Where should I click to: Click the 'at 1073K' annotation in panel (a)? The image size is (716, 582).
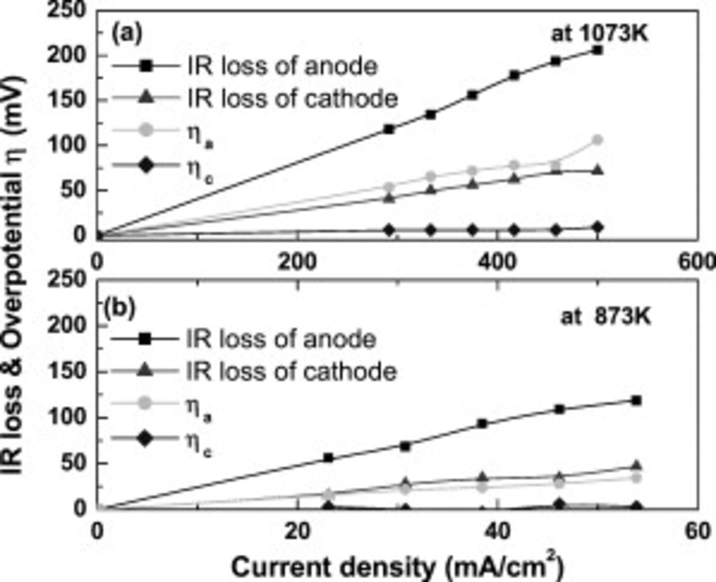(x=599, y=34)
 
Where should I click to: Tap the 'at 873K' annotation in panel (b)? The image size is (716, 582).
(x=605, y=317)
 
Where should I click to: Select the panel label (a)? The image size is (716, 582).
(x=126, y=33)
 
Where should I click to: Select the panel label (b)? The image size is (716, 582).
(x=119, y=308)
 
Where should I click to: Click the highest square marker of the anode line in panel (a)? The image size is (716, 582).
(x=597, y=51)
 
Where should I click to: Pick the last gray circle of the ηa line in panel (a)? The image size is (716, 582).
(x=597, y=140)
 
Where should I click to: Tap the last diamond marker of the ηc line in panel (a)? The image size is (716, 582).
(x=597, y=228)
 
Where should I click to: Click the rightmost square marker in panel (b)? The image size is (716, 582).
(x=636, y=401)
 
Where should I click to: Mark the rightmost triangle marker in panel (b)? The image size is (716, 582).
(x=636, y=465)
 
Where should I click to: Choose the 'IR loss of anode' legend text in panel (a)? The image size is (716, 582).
(x=282, y=66)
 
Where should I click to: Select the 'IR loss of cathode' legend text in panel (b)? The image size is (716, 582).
(x=291, y=372)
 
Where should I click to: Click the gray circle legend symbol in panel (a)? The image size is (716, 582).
(x=146, y=130)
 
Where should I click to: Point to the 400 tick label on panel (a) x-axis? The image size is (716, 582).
(x=497, y=262)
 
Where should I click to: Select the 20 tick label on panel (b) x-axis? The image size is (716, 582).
(x=298, y=531)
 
